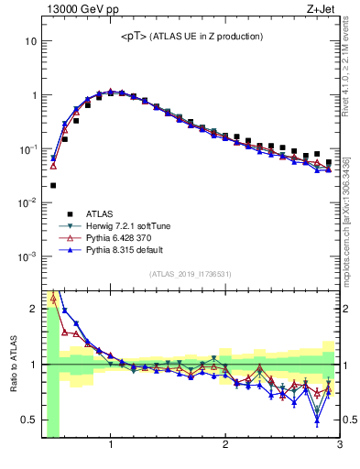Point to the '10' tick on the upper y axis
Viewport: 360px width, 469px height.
tap(30, 41)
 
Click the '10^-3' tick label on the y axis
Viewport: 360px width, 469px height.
tap(27, 256)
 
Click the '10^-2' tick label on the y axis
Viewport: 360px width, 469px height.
tap(27, 202)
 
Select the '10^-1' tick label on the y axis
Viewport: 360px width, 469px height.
tap(27, 148)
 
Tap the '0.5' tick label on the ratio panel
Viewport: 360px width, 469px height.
tap(28, 420)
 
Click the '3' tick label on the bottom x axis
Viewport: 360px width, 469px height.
tap(340, 445)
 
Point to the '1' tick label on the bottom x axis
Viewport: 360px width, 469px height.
tap(111, 445)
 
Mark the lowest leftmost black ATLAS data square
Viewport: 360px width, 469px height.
tap(53, 185)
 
